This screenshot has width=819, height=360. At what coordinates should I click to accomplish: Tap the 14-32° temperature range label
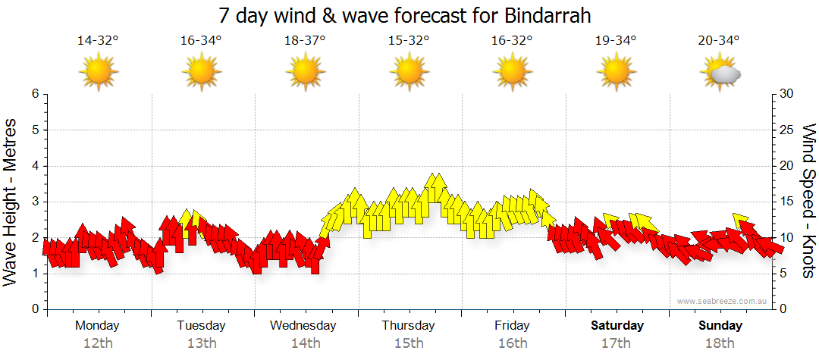tap(99, 41)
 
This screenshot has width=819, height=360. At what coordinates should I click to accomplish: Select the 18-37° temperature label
tap(305, 41)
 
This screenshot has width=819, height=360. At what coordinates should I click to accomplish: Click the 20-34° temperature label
tap(719, 41)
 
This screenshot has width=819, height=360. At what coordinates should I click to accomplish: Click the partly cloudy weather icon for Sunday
tap(720, 73)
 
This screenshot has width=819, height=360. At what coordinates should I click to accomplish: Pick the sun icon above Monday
tap(99, 73)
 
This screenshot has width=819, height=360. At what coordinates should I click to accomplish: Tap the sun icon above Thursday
tap(409, 73)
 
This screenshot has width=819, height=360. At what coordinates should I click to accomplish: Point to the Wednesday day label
tap(303, 326)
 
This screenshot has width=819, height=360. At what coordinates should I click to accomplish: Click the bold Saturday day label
tap(617, 326)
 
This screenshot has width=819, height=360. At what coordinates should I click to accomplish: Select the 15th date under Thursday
tap(409, 343)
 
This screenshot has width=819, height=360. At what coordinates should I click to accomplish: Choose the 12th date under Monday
tap(98, 343)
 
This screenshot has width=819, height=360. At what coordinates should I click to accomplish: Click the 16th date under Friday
tap(513, 343)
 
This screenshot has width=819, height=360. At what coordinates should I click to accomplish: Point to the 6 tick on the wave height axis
tap(35, 94)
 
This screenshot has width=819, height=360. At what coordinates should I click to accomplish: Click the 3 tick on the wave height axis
tap(35, 202)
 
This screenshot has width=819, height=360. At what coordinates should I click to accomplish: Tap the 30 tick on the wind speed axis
tap(787, 94)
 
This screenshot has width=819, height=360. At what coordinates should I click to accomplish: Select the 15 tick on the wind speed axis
tap(787, 202)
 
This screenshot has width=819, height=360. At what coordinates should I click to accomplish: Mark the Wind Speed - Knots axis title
tap(808, 201)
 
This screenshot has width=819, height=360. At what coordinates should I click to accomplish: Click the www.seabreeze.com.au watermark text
tap(723, 301)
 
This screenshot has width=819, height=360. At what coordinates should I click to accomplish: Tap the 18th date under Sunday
tap(720, 343)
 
